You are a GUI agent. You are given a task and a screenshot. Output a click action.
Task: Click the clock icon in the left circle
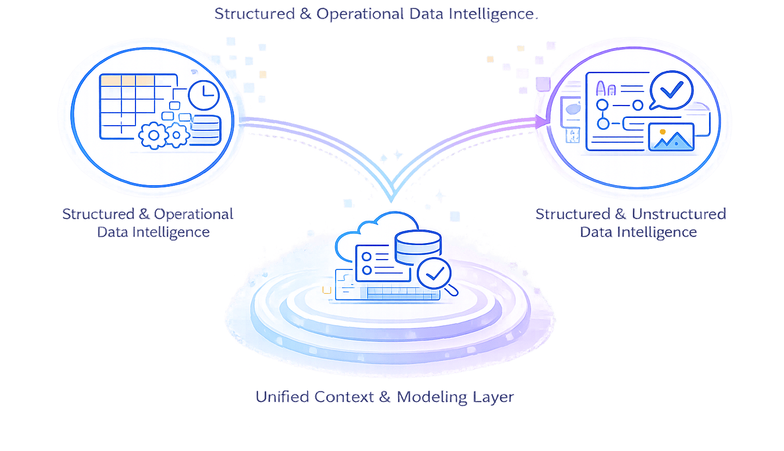tap(204, 95)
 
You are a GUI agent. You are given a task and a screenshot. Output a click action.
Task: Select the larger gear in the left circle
tap(153, 136)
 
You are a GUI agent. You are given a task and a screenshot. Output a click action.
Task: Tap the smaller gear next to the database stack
tap(177, 135)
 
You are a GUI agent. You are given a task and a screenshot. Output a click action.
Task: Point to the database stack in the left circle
tap(206, 130)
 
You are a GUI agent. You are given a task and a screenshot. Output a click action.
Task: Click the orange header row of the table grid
tap(127, 80)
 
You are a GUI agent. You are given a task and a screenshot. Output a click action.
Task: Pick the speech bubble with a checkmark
tap(671, 91)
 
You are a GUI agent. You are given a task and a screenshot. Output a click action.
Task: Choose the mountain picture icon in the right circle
tap(671, 137)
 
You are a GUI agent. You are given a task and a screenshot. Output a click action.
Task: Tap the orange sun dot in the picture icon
tap(662, 132)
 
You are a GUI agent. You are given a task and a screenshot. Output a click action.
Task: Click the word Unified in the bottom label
tap(282, 397)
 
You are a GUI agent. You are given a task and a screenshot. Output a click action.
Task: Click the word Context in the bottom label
tap(344, 397)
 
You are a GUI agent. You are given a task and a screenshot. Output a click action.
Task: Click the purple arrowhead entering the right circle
tap(541, 122)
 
